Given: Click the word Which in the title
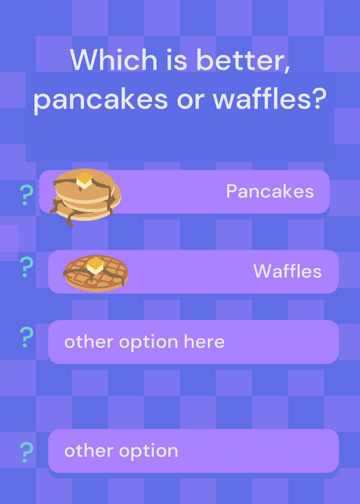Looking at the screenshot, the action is coord(113,59).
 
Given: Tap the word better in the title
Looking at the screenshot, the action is coord(243,60).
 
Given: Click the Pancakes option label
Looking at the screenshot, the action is coord(270,192).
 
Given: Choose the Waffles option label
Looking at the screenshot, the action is coord(287,271).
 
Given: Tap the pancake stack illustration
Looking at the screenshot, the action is coord(85,197).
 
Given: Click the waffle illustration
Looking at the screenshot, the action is coord(96,273).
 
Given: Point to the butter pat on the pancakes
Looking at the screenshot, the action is coord(84,180).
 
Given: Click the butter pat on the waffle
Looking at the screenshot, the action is coord(95,265).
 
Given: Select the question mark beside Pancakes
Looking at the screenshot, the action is coord(26,195).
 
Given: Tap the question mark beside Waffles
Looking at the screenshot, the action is coord(26,266).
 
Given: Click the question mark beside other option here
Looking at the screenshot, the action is coord(26,337).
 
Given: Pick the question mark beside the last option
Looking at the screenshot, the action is coord(26,452).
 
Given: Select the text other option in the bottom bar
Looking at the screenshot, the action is coord(121,451).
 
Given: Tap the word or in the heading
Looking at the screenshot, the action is coord(190,101).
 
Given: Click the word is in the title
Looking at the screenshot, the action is coord(177,60).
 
